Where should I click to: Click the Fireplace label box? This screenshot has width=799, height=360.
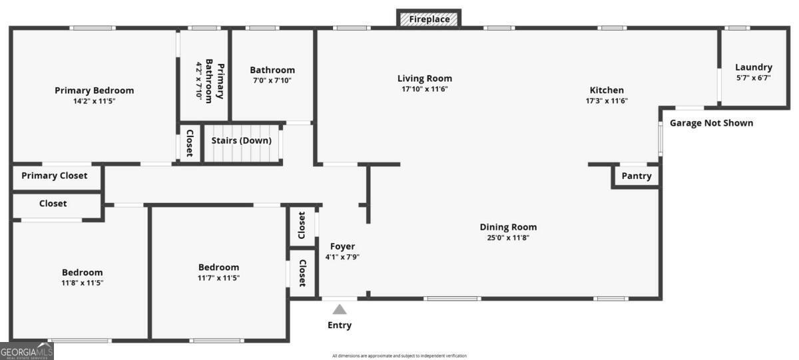[429, 19]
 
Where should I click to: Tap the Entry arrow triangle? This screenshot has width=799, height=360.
[340, 309]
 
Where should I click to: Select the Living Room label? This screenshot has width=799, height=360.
[424, 79]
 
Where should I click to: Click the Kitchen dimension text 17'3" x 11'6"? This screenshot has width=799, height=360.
[607, 101]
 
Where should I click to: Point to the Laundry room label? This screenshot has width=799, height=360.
[753, 67]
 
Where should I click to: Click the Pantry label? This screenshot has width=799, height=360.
[636, 176]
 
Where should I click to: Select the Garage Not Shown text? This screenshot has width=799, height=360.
[711, 123]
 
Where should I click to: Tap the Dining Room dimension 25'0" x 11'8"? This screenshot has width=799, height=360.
[508, 238]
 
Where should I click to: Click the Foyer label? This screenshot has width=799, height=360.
[342, 246]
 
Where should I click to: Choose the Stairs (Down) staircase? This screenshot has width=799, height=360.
[241, 145]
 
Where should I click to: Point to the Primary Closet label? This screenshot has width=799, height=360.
[54, 176]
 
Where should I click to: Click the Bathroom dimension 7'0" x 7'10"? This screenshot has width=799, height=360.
[272, 81]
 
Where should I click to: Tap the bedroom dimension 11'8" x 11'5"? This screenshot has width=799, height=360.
[83, 283]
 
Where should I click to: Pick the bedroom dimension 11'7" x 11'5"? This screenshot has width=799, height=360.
[218, 278]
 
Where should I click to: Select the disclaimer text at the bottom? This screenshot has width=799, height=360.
[400, 356]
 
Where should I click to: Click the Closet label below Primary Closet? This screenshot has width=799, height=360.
[53, 204]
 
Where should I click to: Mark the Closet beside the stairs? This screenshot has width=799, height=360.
[189, 142]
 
